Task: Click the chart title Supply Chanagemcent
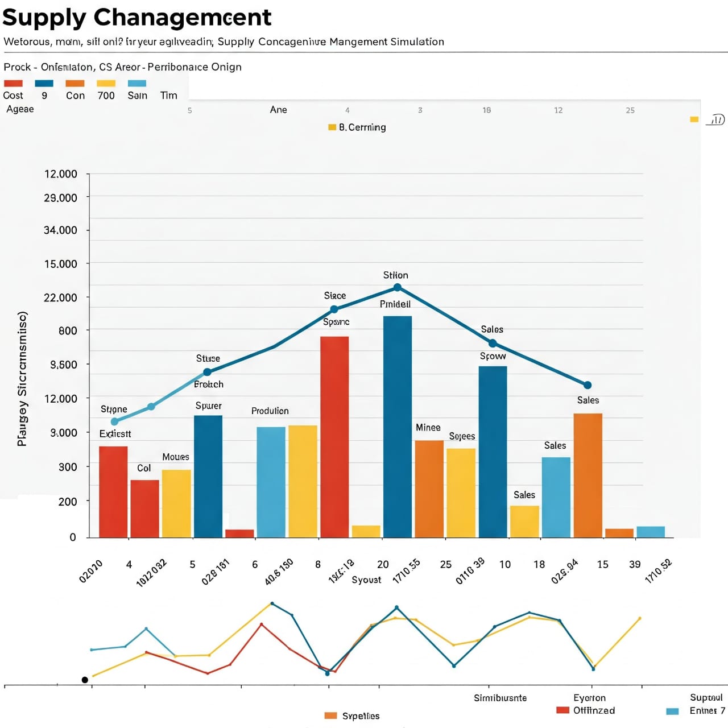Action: [136, 18]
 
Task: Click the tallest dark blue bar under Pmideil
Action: [398, 426]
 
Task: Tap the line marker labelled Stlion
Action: [398, 287]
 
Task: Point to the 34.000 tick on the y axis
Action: [61, 230]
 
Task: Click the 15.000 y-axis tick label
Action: [61, 264]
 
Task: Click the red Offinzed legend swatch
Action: [562, 710]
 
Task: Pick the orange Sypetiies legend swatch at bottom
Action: [330, 715]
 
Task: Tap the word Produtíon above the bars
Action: [270, 411]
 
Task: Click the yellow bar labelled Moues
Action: [176, 503]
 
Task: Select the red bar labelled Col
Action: [144, 508]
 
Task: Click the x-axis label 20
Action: [383, 564]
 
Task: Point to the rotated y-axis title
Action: [22, 379]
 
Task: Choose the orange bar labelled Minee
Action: [429, 489]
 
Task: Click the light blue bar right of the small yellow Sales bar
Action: [556, 497]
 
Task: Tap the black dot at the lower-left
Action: [85, 680]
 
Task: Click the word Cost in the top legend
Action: [13, 96]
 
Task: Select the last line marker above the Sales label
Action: [588, 385]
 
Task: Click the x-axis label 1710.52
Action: [659, 570]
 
